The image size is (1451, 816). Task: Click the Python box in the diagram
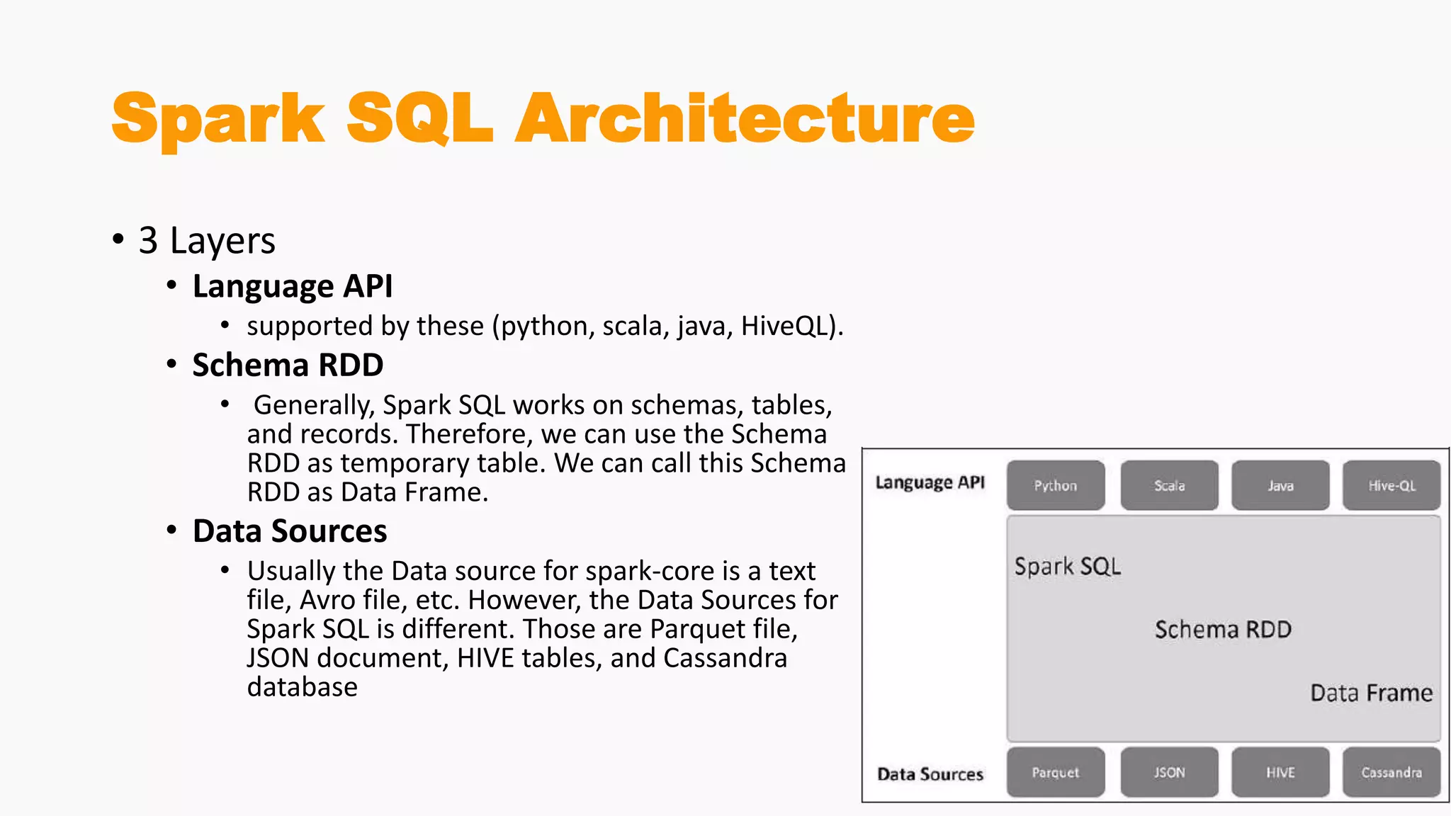1056,486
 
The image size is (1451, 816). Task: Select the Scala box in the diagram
1169,486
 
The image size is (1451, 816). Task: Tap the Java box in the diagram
1280,486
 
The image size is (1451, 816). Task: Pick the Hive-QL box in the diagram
1391,486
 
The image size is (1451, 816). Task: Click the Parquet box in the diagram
1056,772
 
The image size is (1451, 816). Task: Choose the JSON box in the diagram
1169,772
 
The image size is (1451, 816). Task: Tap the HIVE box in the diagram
1280,772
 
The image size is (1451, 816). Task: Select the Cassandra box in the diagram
1391,772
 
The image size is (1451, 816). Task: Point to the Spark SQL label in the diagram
1067,567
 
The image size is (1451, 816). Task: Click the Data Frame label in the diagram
1371,693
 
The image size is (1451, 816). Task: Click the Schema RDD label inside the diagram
1223,630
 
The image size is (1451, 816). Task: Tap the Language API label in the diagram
930,483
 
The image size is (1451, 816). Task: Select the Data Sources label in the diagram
930,774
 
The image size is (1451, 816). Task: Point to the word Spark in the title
218,119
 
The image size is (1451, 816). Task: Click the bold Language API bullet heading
292,286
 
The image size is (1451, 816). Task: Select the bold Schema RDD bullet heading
288,365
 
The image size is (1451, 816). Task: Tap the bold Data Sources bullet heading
290,531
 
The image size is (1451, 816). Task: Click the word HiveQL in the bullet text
784,327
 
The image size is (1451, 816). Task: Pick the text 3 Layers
206,241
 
